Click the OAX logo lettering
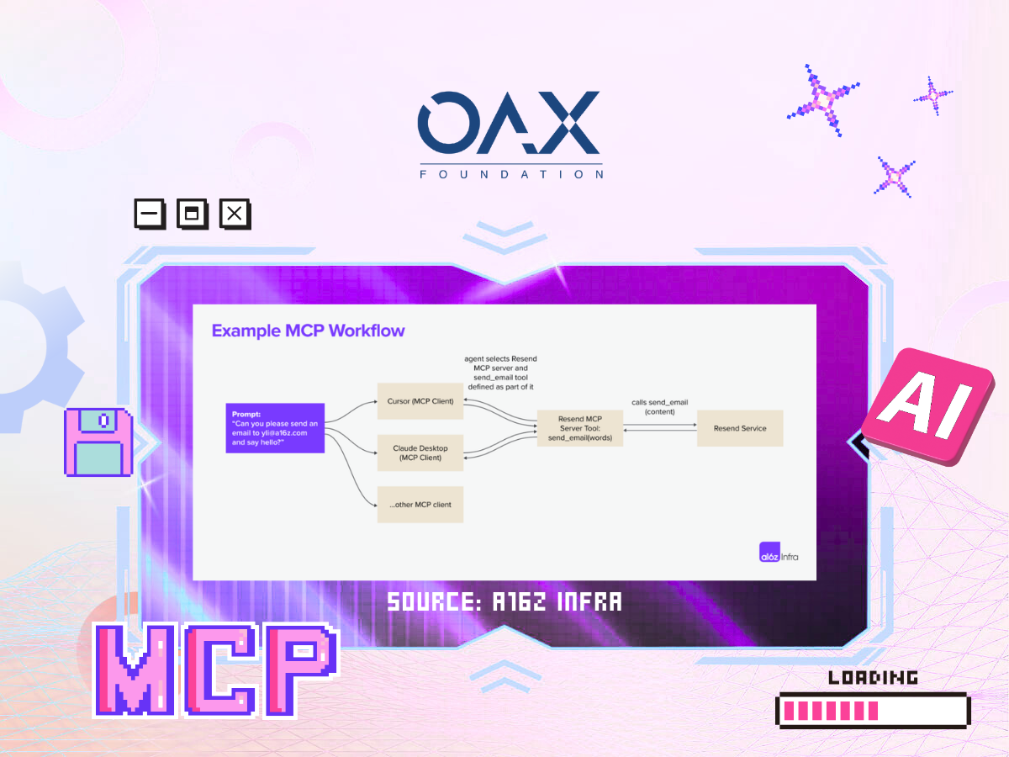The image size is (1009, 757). [509, 122]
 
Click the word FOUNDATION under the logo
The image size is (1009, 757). [511, 174]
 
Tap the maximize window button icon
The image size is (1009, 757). [193, 214]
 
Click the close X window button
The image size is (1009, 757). [235, 214]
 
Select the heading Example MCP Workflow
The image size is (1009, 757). [308, 331]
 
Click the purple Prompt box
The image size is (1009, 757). [275, 428]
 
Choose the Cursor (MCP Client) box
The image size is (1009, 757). [420, 401]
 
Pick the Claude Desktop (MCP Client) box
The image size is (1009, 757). [420, 453]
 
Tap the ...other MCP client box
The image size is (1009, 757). [420, 505]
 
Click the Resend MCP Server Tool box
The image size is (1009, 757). [580, 428]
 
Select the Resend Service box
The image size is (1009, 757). [740, 428]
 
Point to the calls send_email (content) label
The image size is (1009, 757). [660, 407]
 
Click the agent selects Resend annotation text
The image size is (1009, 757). [500, 373]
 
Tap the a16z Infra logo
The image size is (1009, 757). [779, 553]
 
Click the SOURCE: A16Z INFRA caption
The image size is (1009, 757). [504, 601]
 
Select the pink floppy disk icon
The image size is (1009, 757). [98, 442]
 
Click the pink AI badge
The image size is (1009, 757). [927, 406]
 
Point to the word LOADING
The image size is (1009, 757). [873, 677]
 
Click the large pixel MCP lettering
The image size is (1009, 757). [216, 670]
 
